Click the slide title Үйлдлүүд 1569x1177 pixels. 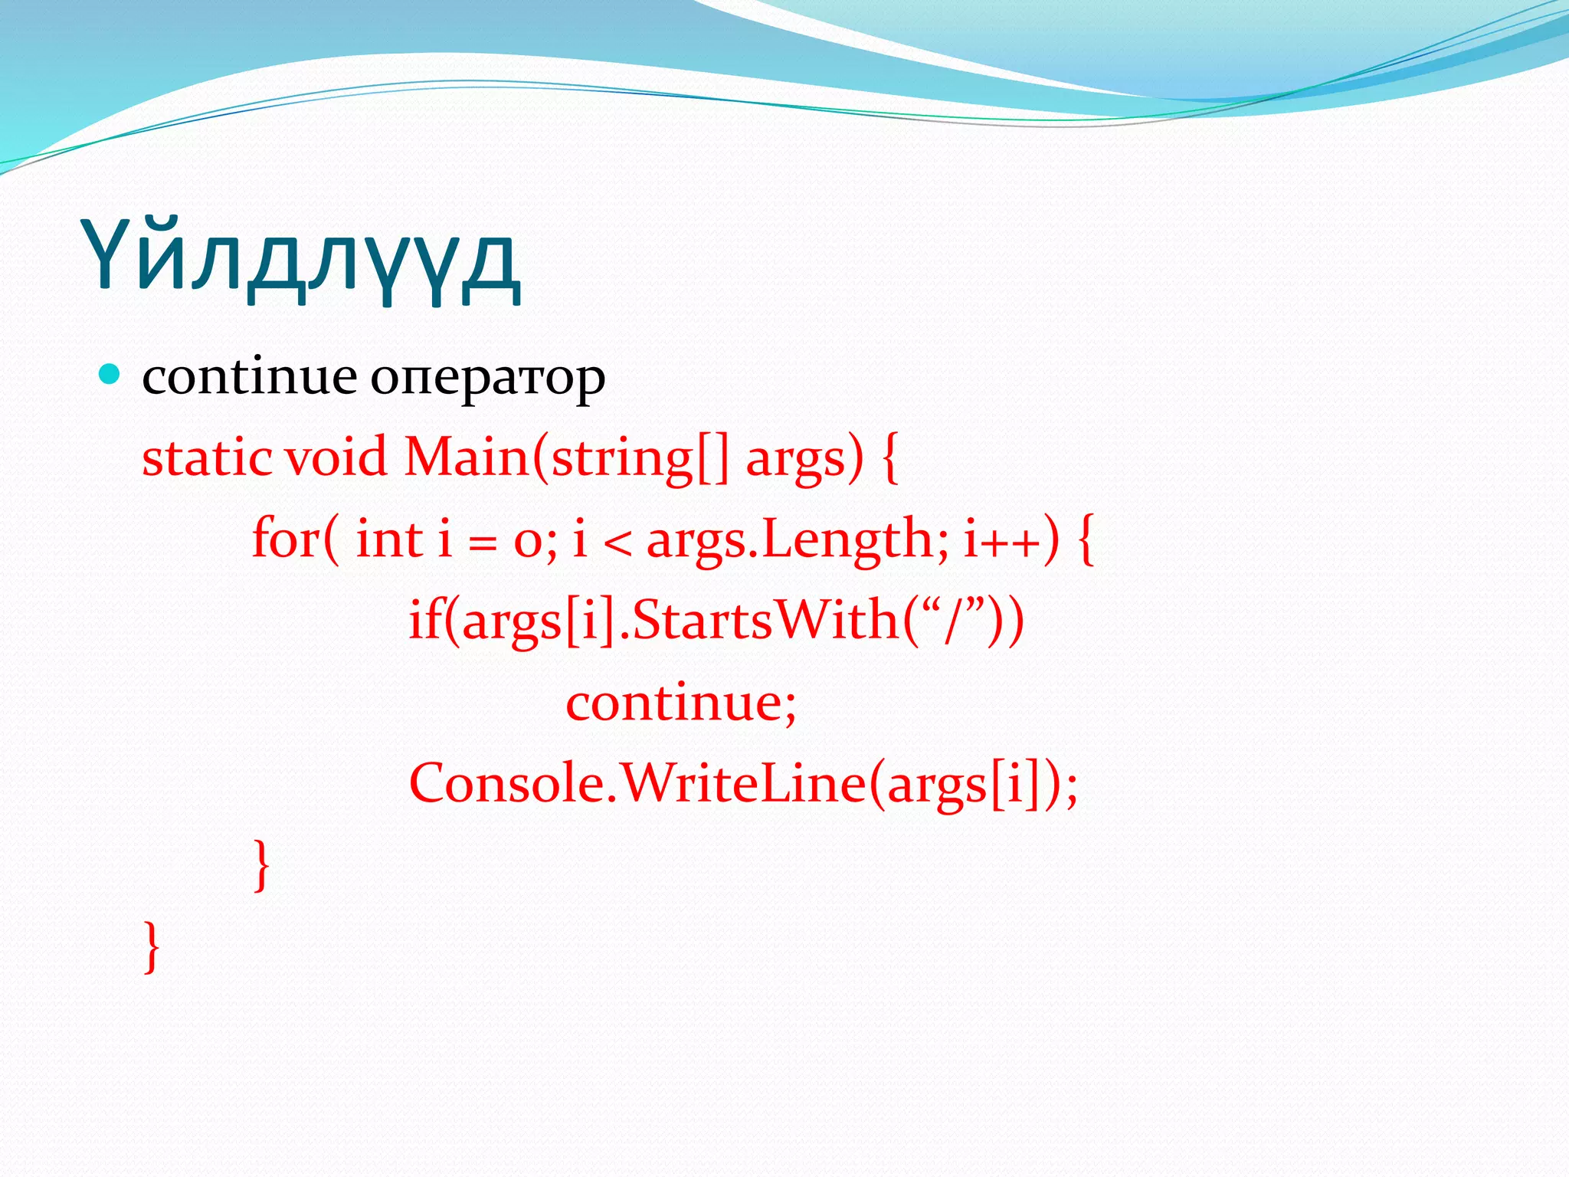(300, 259)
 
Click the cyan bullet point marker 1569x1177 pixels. (110, 375)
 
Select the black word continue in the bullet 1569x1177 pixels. (249, 377)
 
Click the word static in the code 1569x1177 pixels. (207, 457)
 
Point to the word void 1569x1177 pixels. (336, 457)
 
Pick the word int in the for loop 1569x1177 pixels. (389, 539)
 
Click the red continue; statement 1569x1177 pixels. (680, 703)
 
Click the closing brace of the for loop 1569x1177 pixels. (262, 865)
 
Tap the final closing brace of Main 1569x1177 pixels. (152, 946)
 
